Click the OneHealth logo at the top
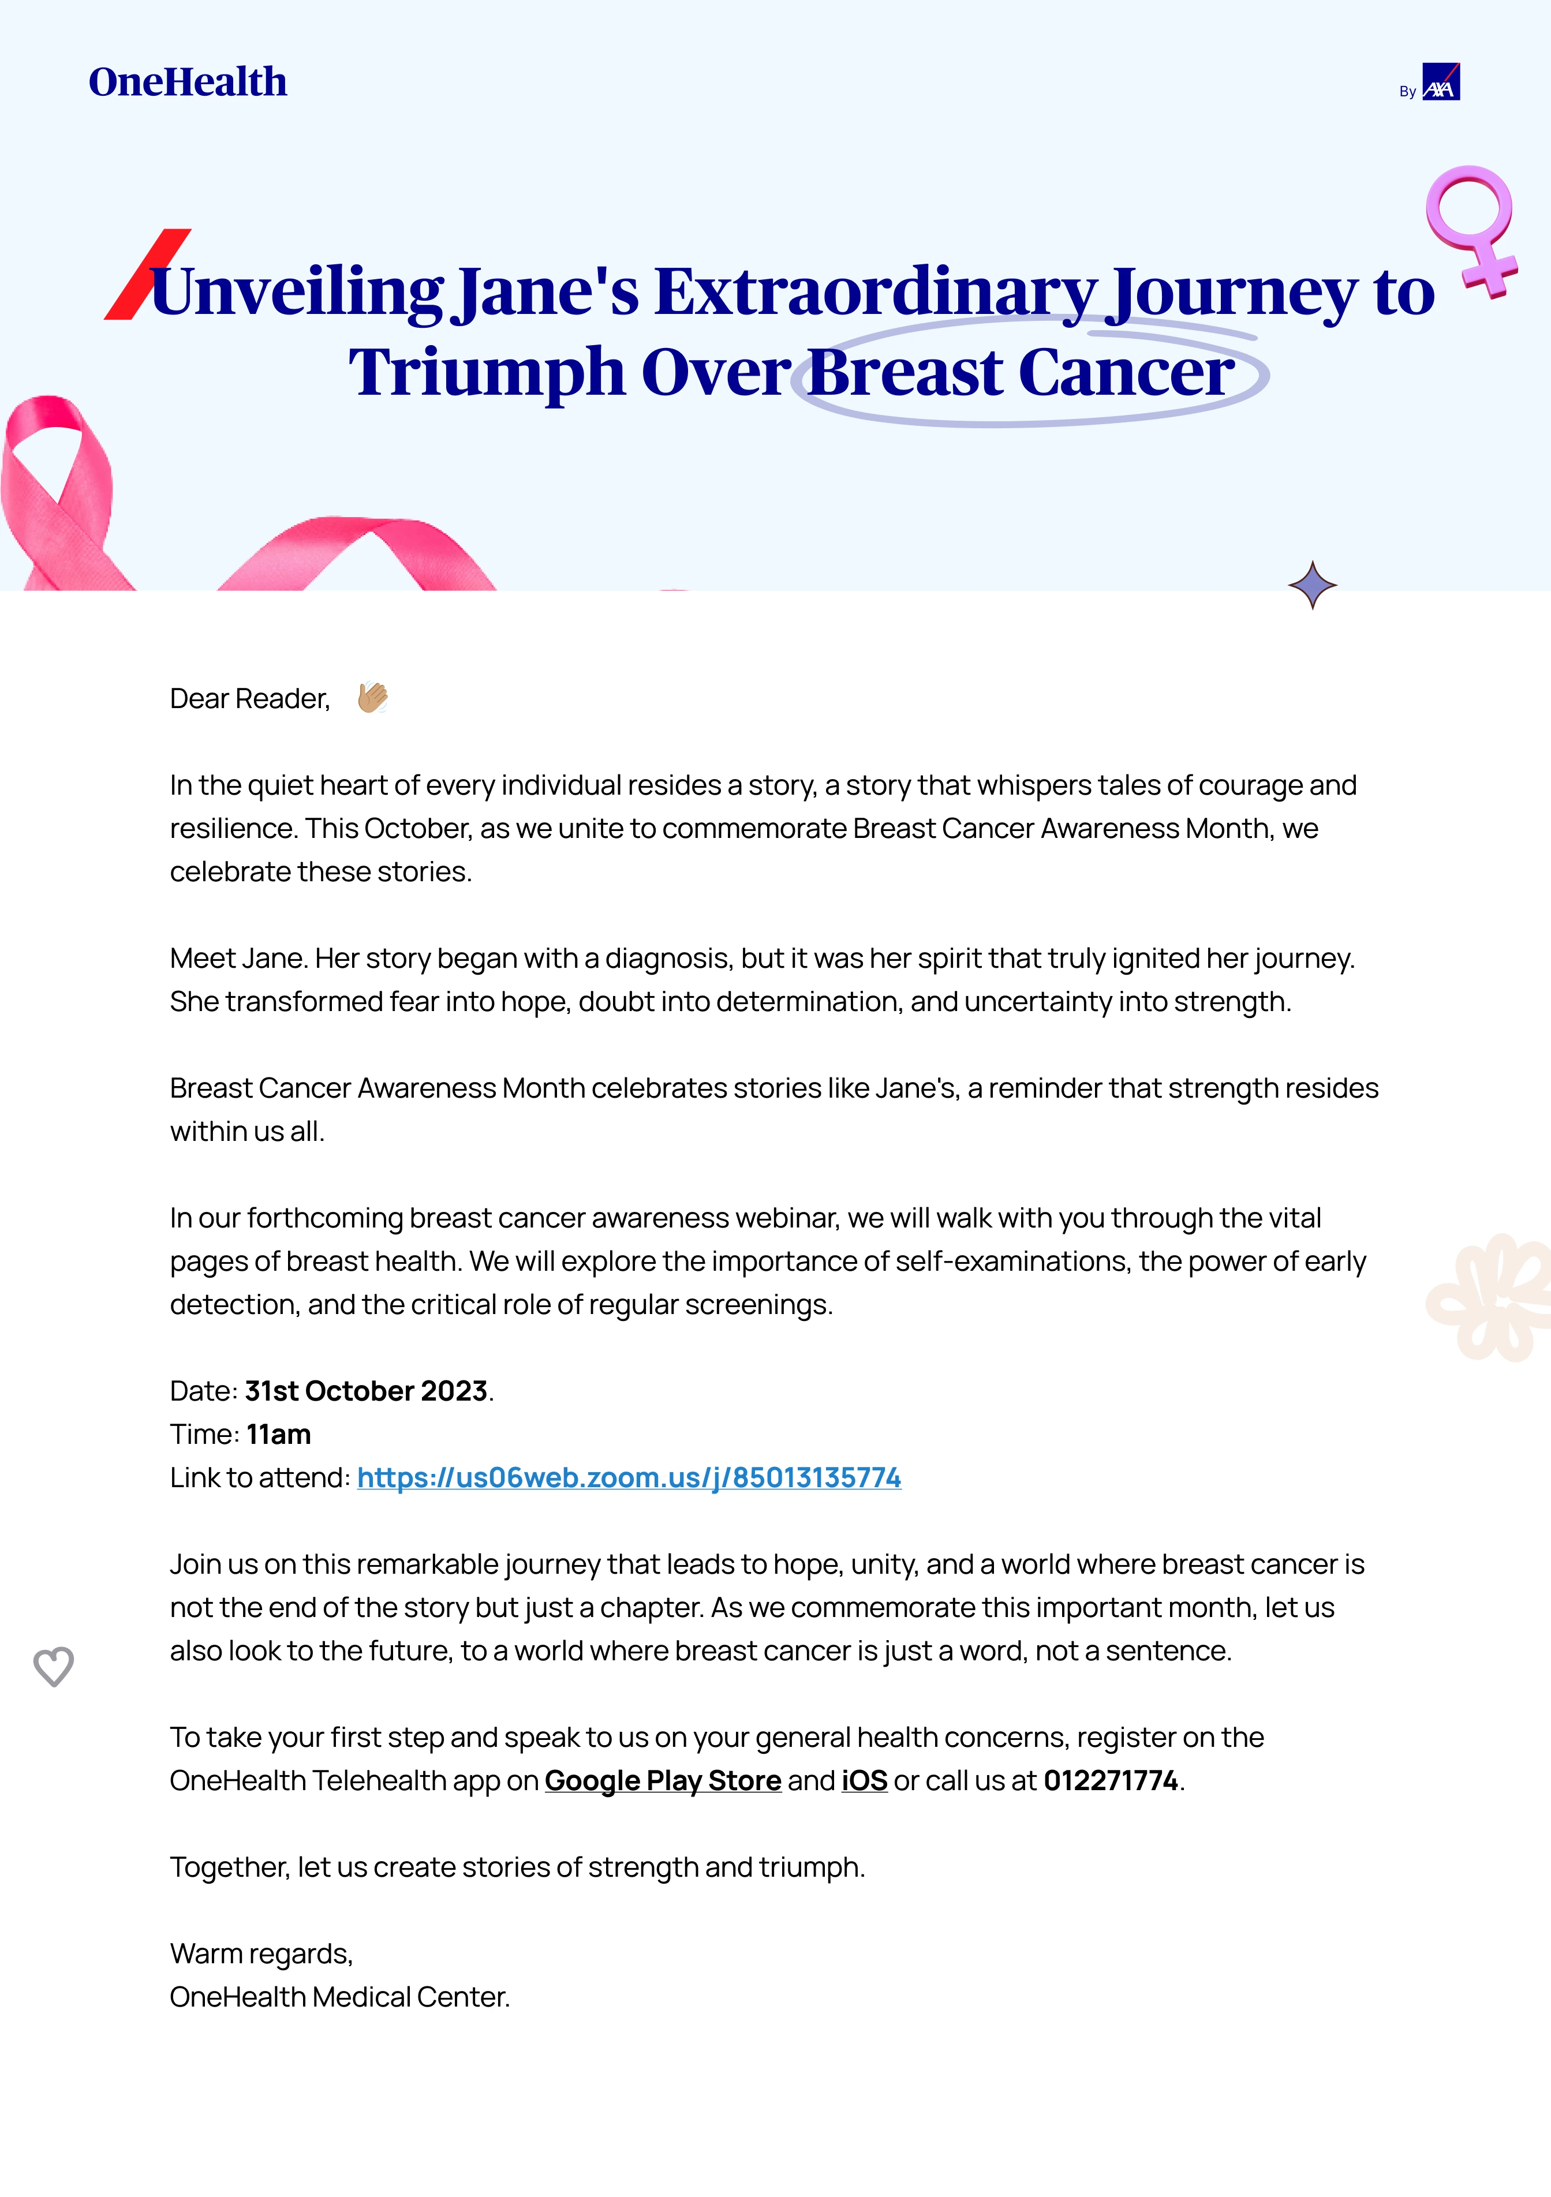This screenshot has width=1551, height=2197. pyautogui.click(x=188, y=83)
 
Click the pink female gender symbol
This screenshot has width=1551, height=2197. pyautogui.click(x=1471, y=228)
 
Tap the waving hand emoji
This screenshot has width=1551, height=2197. pyautogui.click(x=372, y=698)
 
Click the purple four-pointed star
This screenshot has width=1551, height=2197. pyautogui.click(x=1312, y=585)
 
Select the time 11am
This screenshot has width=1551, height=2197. pyautogui.click(x=278, y=1434)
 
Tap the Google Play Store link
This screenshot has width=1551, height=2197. pyautogui.click(x=663, y=1781)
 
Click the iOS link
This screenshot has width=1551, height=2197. pyautogui.click(x=864, y=1781)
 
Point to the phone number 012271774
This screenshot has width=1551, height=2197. pyautogui.click(x=1110, y=1781)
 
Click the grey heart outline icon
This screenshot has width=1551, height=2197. pyautogui.click(x=54, y=1666)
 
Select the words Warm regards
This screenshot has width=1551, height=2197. pyautogui.click(x=261, y=1953)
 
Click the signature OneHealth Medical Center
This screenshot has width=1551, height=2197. pyautogui.click(x=339, y=1997)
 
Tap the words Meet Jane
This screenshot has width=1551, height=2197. pyautogui.click(x=238, y=958)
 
